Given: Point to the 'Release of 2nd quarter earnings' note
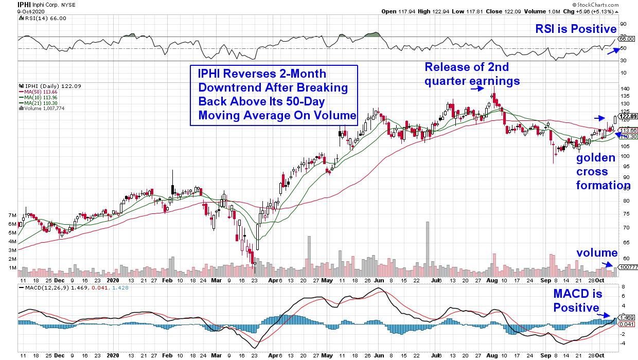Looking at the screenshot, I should point(472,74).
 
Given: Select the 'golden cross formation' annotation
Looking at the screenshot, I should point(602,172).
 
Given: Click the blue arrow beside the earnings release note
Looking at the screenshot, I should point(479,88).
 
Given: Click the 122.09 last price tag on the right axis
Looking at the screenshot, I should point(627,116).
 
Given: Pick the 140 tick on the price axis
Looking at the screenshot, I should point(625,88).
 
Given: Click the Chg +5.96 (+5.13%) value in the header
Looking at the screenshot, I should point(607,11).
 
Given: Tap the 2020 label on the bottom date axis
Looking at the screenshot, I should point(112,282).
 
